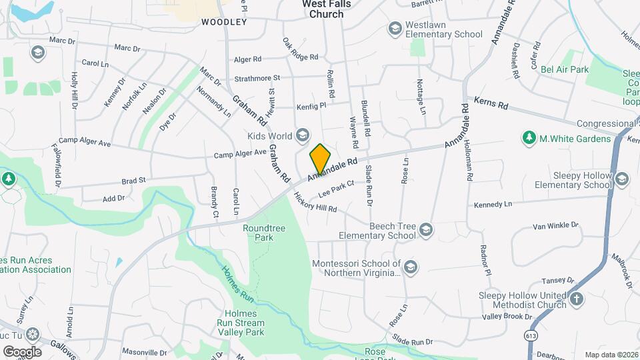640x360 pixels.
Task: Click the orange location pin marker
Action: click(320, 159)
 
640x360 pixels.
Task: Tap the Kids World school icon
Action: click(303, 136)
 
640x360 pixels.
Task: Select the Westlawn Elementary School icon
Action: click(394, 29)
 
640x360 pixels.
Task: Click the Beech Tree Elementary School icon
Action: click(426, 230)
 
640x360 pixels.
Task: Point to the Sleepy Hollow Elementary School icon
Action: click(622, 179)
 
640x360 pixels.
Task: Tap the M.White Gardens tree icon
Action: click(529, 138)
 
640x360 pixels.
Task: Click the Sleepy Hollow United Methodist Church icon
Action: click(577, 299)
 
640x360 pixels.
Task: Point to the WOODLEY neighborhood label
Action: click(224, 22)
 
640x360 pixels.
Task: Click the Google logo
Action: click(21, 351)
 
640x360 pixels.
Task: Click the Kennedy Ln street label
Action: click(493, 204)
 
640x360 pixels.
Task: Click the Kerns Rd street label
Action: click(491, 103)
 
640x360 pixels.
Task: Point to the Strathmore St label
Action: click(257, 78)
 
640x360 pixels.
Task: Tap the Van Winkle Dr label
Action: click(555, 226)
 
